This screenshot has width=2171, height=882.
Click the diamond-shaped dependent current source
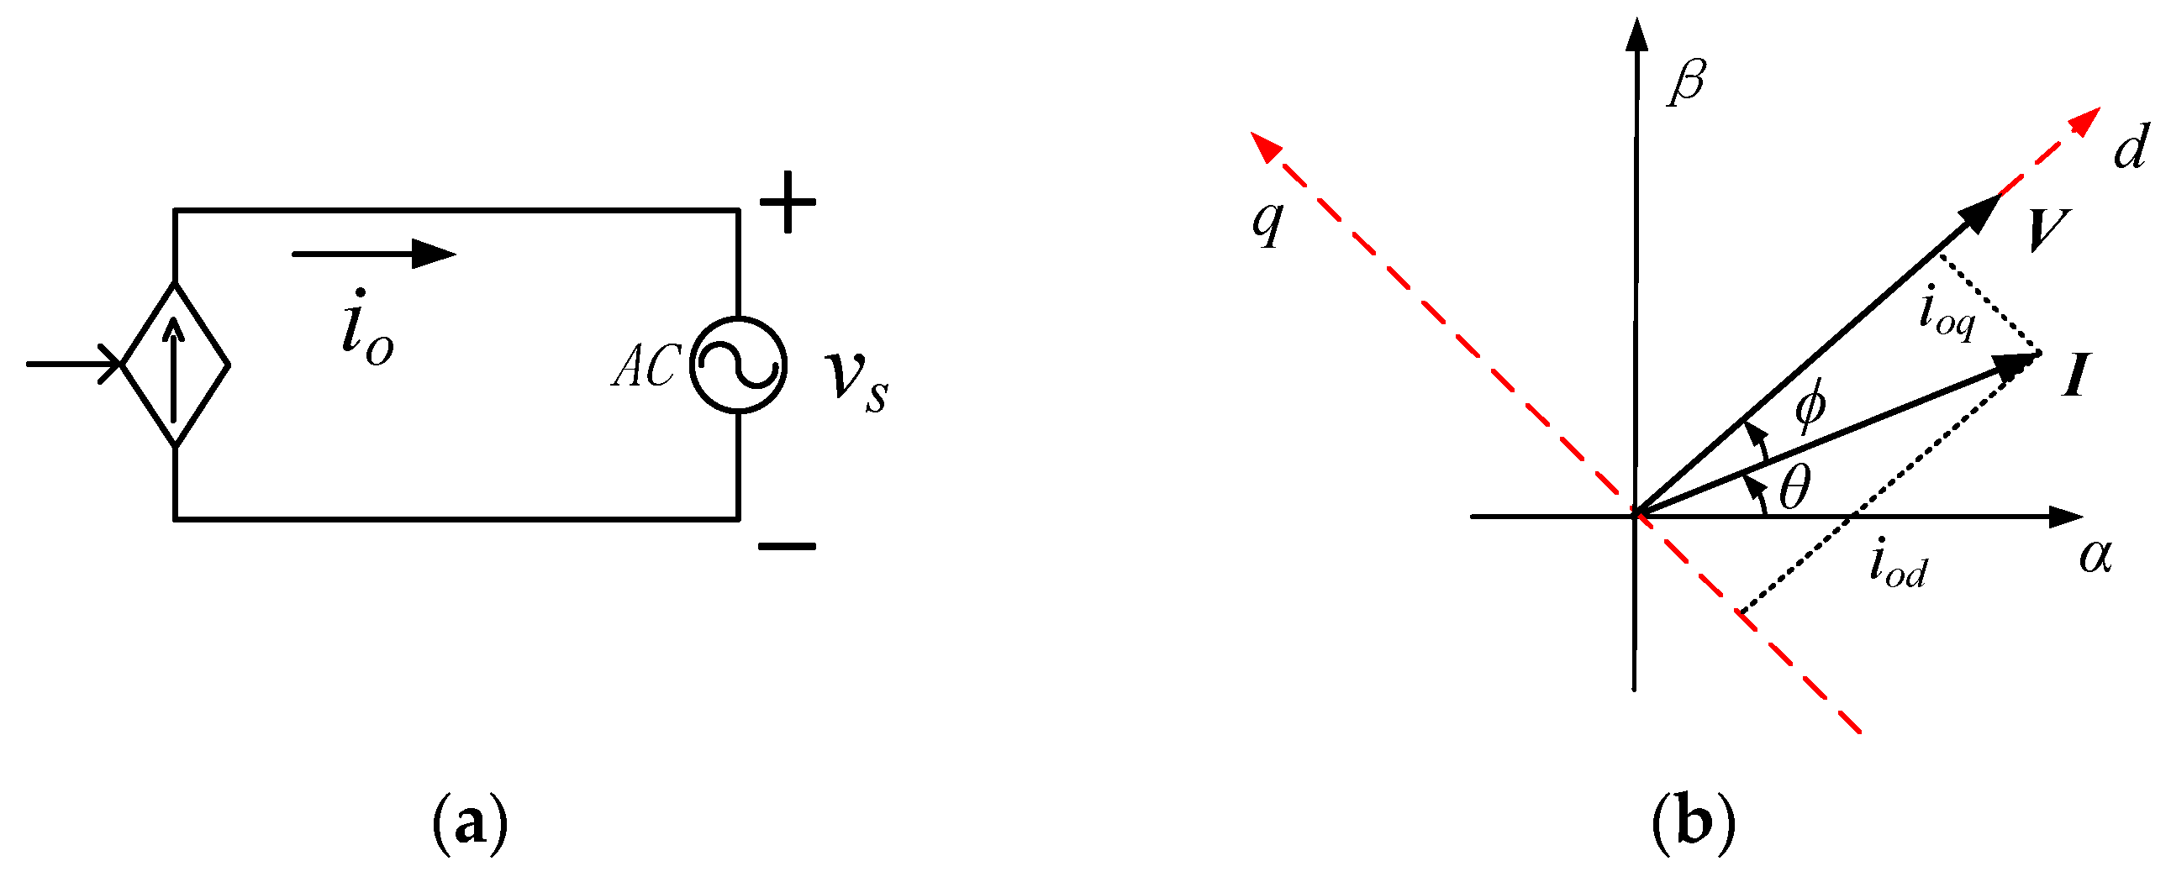pos(176,364)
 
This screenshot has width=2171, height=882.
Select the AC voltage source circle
pos(737,365)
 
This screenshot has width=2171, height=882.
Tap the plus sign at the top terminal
pos(788,202)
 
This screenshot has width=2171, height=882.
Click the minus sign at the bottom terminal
pos(787,546)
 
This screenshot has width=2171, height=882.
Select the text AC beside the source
pos(646,367)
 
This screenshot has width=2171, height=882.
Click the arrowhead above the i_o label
pos(433,253)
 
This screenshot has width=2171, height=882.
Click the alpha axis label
pos(2095,556)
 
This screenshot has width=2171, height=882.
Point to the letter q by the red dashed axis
pos(1267,221)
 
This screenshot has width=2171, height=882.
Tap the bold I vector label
pos(2077,375)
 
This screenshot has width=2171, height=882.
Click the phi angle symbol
pos(1810,403)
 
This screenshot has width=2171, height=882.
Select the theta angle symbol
pos(1794,488)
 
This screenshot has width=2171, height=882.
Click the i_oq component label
pos(1946,312)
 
